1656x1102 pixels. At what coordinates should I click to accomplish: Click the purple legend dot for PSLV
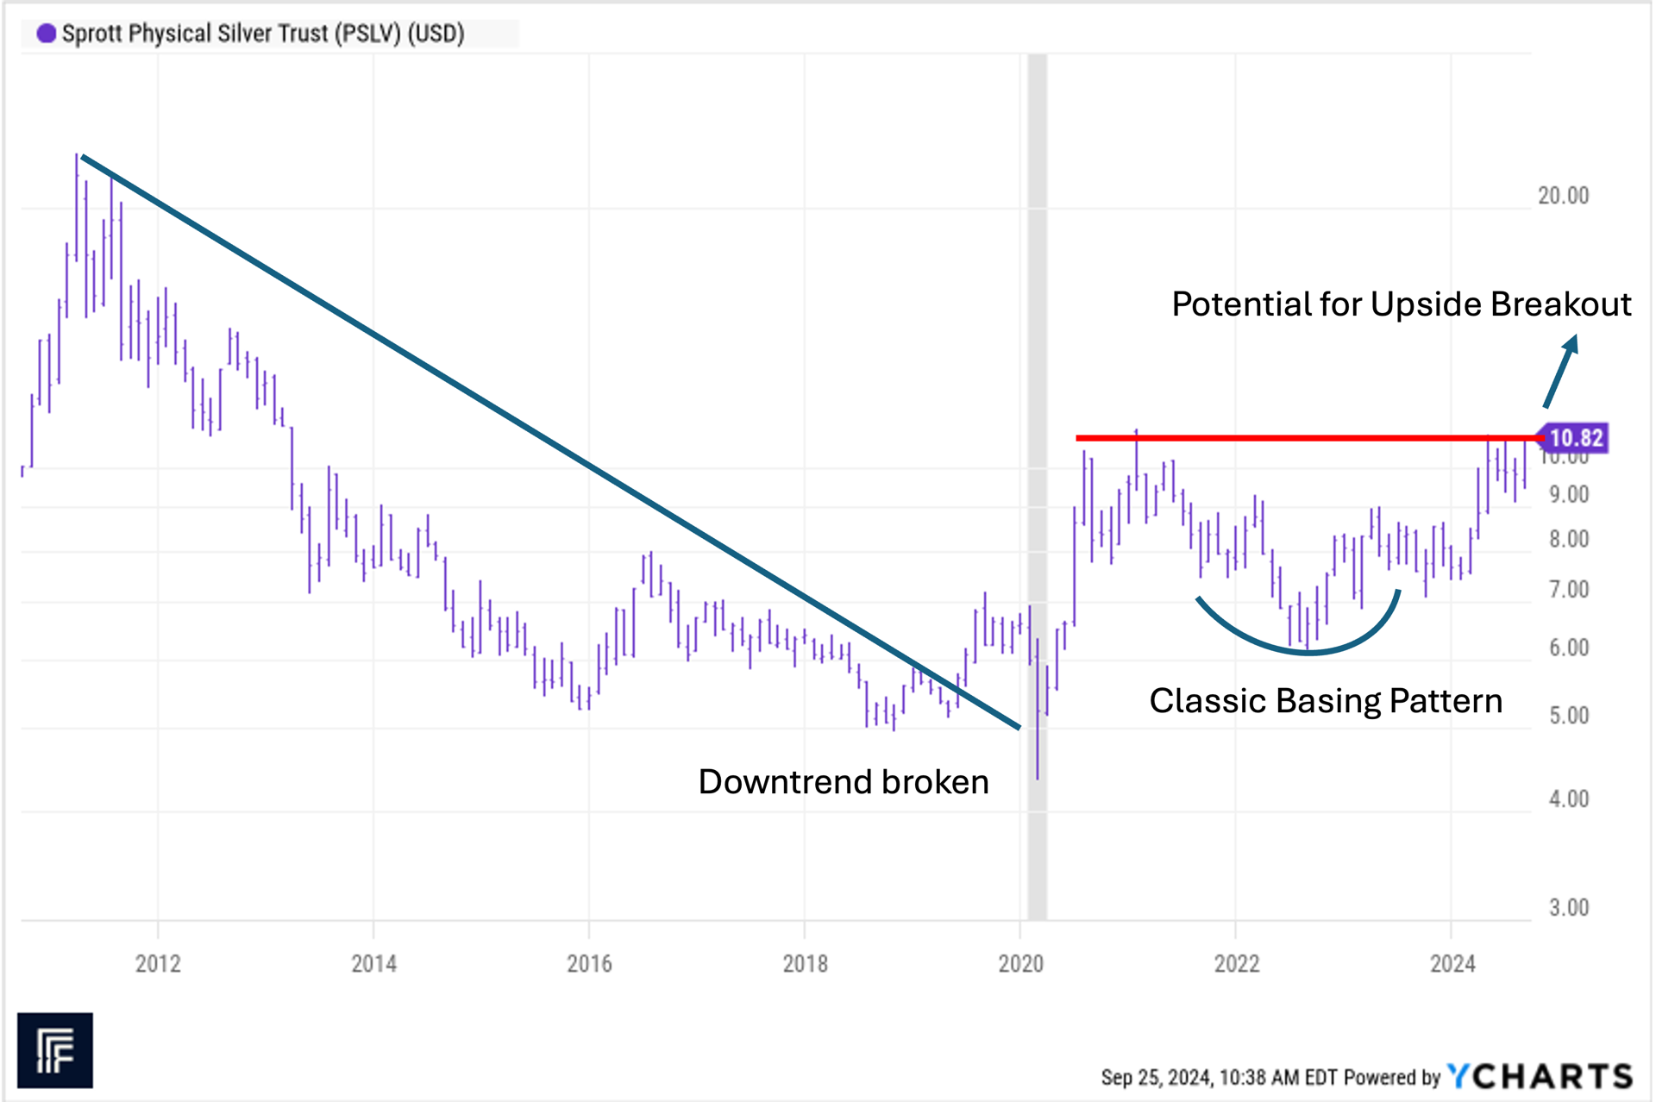[47, 34]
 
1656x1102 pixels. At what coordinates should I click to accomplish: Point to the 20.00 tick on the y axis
[1563, 196]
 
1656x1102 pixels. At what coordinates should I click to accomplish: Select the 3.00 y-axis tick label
[1568, 907]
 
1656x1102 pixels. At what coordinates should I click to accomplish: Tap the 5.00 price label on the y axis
[1568, 716]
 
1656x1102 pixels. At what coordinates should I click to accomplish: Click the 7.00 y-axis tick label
[1568, 590]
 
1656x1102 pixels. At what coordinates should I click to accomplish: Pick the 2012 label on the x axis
[158, 963]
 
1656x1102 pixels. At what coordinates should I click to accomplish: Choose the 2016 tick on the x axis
[589, 963]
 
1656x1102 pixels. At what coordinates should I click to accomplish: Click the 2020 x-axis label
[1020, 963]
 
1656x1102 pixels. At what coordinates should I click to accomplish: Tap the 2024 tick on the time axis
[1452, 963]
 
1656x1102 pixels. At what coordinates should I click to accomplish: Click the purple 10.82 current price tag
[1575, 438]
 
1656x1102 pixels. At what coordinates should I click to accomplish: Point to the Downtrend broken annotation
[843, 782]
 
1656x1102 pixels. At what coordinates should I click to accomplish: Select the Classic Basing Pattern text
[1326, 701]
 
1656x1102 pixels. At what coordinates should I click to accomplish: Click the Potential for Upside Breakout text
[1401, 304]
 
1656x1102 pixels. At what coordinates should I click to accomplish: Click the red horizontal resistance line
[1294, 438]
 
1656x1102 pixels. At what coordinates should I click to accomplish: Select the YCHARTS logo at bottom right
[1540, 1076]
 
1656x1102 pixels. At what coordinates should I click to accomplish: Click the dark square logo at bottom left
[55, 1049]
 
